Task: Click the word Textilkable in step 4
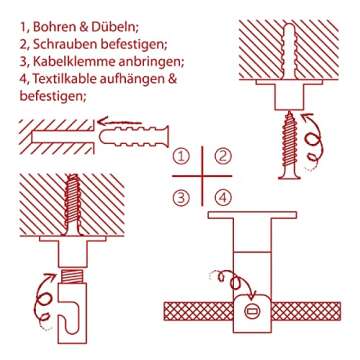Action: pyautogui.click(x=63, y=79)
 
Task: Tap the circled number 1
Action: pyautogui.click(x=181, y=157)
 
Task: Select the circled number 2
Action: pyautogui.click(x=222, y=157)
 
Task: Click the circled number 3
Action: pyautogui.click(x=181, y=198)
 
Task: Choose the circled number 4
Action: pyautogui.click(x=222, y=198)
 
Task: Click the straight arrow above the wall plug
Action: pyautogui.click(x=121, y=121)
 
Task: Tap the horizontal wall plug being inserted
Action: pyautogui.click(x=134, y=137)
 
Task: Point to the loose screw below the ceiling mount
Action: pyautogui.click(x=290, y=145)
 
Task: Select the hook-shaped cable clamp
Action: pyautogui.click(x=73, y=313)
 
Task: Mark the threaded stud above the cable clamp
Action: pyautogui.click(x=72, y=276)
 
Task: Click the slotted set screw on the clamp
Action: pyautogui.click(x=252, y=311)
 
